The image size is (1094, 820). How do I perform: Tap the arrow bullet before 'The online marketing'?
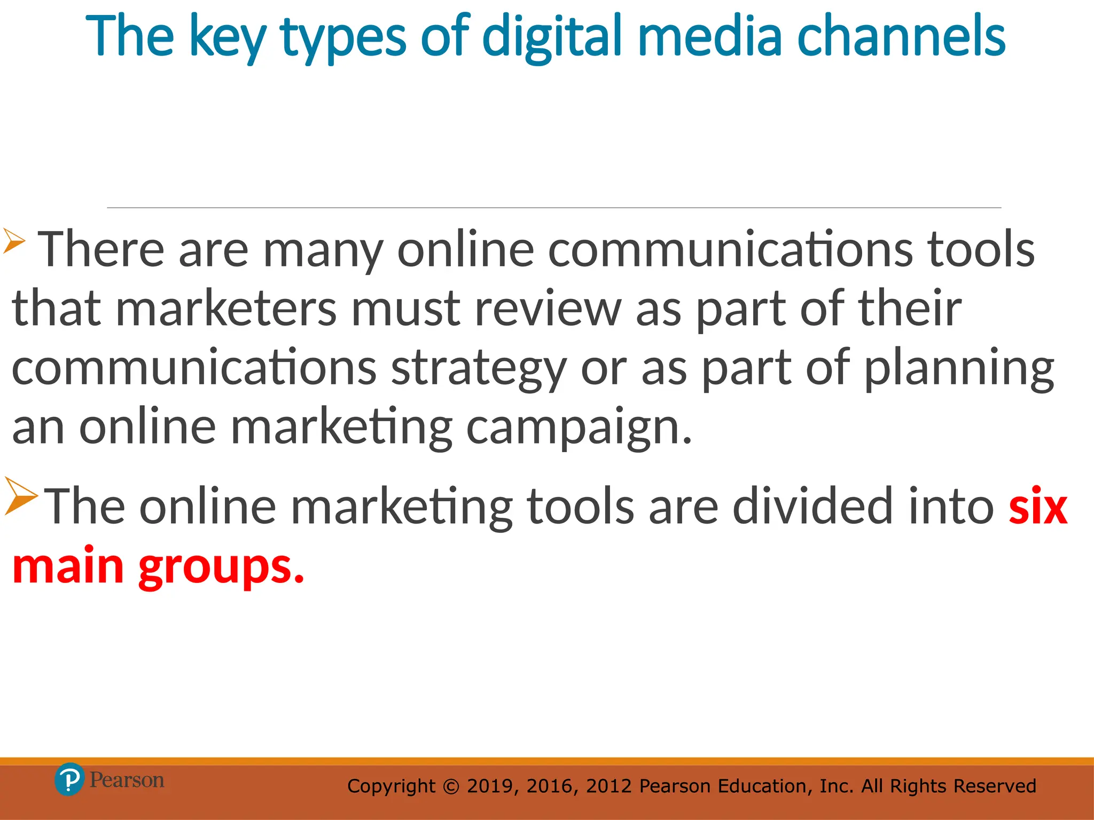coord(21,496)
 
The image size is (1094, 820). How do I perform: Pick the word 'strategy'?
coord(478,368)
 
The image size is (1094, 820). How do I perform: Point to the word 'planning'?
coord(959,368)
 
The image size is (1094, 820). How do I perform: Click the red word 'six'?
coord(1038,506)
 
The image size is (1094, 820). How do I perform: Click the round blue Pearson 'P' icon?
coord(69,779)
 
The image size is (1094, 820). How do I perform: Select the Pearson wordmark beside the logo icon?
coord(127,780)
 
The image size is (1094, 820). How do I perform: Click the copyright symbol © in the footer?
coord(451,786)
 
